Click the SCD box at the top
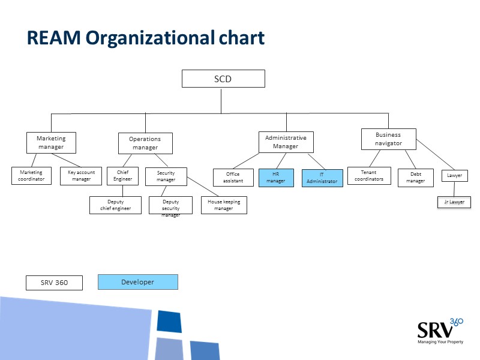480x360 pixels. coord(223,79)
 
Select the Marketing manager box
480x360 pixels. coord(51,143)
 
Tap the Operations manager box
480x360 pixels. coord(145,143)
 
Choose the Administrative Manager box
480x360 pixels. coord(286,142)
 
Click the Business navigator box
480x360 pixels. coord(388,139)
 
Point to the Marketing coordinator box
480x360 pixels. coord(31,176)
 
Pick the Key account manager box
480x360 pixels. coord(81,176)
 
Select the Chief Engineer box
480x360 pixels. coord(122,176)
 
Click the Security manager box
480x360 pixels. coord(166,176)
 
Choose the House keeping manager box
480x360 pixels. coord(223,205)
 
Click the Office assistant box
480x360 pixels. coord(233,178)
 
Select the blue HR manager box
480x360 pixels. coord(276,178)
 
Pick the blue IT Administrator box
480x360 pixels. coord(322,178)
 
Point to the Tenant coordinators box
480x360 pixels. coord(369,176)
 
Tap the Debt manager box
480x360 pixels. coord(415,178)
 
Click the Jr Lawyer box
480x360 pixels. coord(454,202)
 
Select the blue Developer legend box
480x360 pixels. coord(138,282)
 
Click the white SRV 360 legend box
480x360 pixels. coord(54,283)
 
